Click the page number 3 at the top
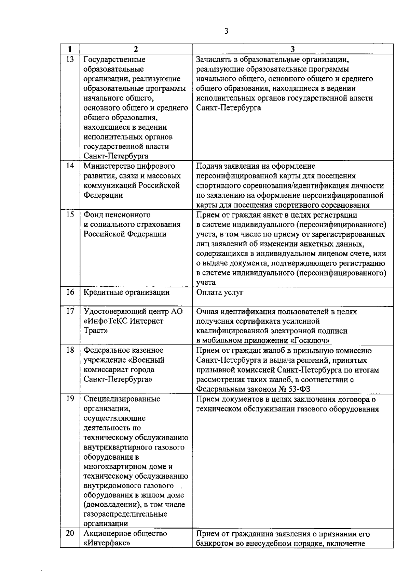pyautogui.click(x=226, y=31)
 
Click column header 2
pyautogui.click(x=136, y=49)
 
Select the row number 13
pyautogui.click(x=70, y=60)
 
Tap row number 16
pyautogui.click(x=70, y=292)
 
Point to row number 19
pyautogui.click(x=70, y=399)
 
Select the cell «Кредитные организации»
pyautogui.click(x=127, y=292)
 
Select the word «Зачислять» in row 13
pyautogui.click(x=214, y=60)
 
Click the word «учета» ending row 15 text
pyautogui.click(x=206, y=283)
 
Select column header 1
pyautogui.click(x=70, y=49)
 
